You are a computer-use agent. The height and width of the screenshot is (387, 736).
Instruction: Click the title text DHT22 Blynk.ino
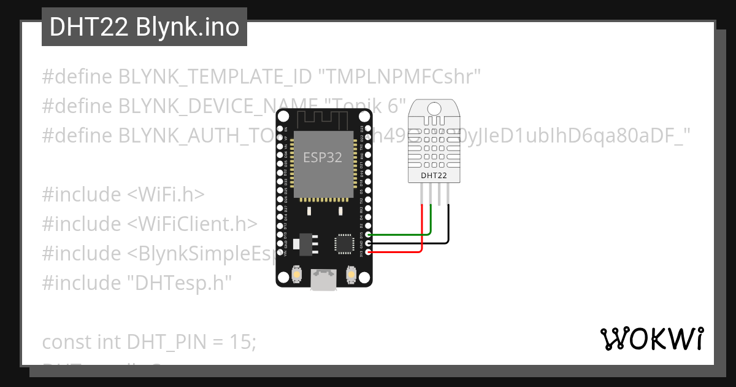pyautogui.click(x=144, y=27)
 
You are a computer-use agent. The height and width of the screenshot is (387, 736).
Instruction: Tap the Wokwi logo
pyautogui.click(x=652, y=338)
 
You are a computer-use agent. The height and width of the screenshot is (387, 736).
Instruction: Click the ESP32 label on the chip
pyautogui.click(x=323, y=157)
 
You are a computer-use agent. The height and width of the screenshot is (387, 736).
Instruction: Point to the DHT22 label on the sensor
pyautogui.click(x=434, y=176)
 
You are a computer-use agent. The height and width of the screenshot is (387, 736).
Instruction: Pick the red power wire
pyautogui.click(x=399, y=252)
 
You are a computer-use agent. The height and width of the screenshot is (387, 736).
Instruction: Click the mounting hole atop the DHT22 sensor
pyautogui.click(x=434, y=109)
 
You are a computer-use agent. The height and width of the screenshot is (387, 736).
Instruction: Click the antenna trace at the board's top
pyautogui.click(x=324, y=119)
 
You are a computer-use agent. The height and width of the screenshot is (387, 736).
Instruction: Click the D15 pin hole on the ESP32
pyautogui.click(x=367, y=235)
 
